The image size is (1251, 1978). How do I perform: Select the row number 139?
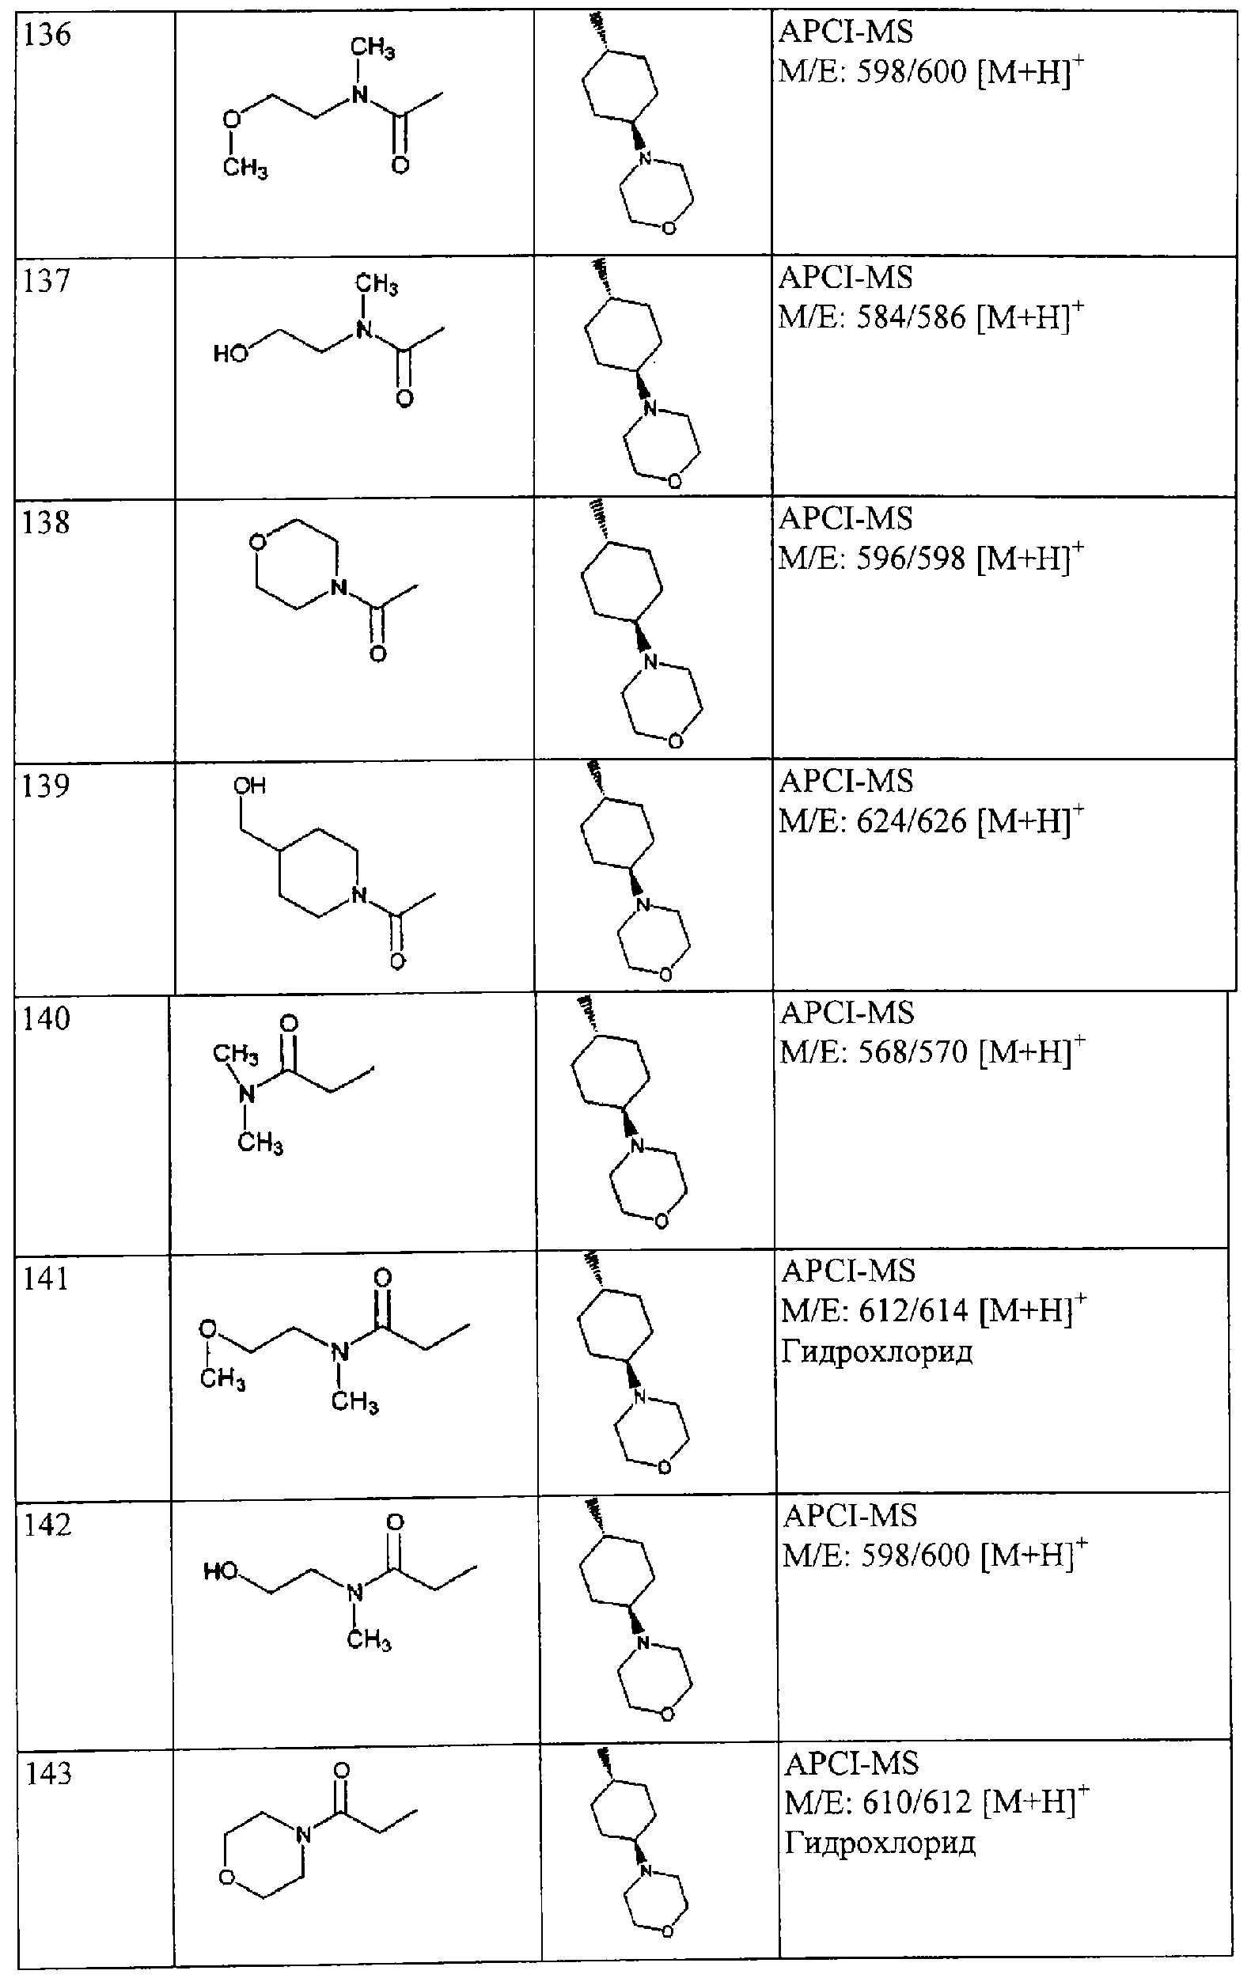(47, 786)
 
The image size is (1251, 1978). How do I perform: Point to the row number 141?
(47, 1279)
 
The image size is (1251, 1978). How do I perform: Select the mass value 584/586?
(911, 317)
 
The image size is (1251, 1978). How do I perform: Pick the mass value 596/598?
(911, 559)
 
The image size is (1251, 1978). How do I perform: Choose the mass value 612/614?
(914, 1310)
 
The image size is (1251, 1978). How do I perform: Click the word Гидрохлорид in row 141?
(877, 1352)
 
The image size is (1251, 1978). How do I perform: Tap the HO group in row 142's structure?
(221, 1571)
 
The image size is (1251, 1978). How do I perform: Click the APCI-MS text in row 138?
(845, 519)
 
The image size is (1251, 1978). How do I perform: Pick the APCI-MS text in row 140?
(847, 1012)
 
